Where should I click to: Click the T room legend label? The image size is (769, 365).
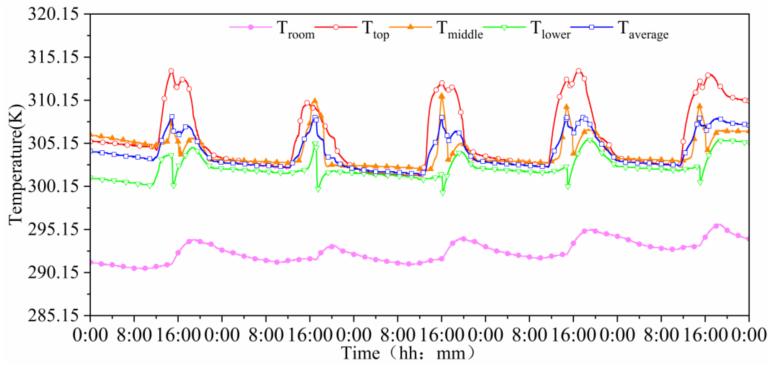pyautogui.click(x=296, y=30)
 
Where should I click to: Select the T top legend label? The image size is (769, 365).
pyautogui.click(x=376, y=30)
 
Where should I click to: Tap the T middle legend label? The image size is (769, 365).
pyautogui.click(x=460, y=30)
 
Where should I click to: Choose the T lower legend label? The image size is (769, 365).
pyautogui.click(x=550, y=30)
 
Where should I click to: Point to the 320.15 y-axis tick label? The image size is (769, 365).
pyautogui.click(x=54, y=14)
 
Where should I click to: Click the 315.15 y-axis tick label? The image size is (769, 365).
pyautogui.click(x=54, y=57)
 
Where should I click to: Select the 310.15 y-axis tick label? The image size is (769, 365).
pyautogui.click(x=54, y=100)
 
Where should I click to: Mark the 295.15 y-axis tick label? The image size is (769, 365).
pyautogui.click(x=54, y=229)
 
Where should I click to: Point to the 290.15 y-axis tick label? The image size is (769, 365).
pyautogui.click(x=54, y=272)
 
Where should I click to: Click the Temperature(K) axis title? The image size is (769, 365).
pyautogui.click(x=16, y=164)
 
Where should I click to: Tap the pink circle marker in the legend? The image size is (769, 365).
pyautogui.click(x=251, y=27)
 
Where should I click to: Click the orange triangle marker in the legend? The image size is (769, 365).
pyautogui.click(x=411, y=27)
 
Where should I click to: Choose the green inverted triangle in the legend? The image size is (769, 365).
pyautogui.click(x=504, y=28)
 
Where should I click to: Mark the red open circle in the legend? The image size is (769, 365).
pyautogui.click(x=336, y=27)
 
